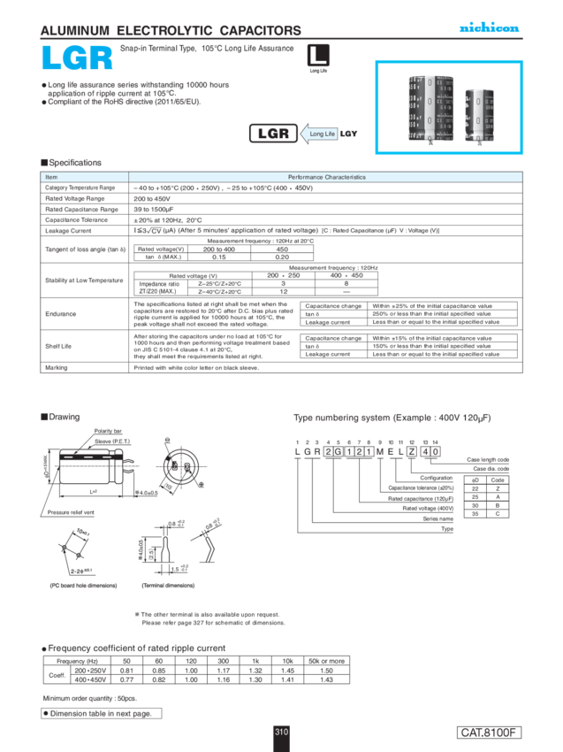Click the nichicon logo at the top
[489, 28]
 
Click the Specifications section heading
[71, 163]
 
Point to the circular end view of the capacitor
[182, 465]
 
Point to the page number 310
[281, 732]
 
